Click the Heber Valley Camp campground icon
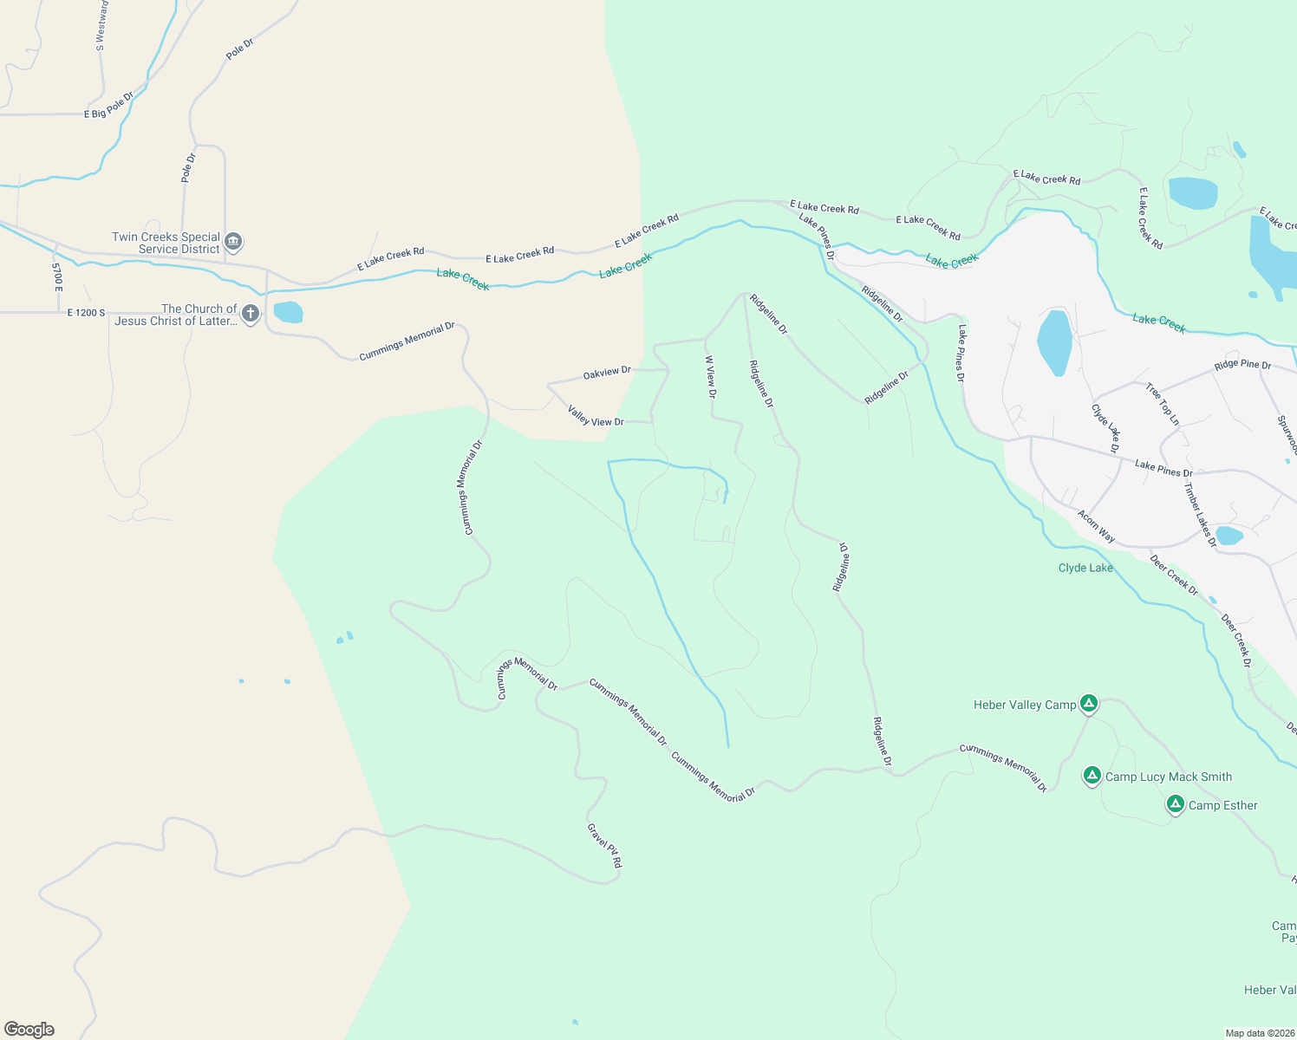point(1089,704)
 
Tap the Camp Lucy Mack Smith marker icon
point(1092,776)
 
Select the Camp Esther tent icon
point(1175,804)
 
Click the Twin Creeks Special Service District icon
point(233,242)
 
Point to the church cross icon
point(251,313)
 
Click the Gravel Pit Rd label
point(604,845)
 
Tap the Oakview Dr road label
point(607,373)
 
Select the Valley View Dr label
point(596,416)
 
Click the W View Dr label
point(711,376)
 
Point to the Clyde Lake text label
point(1085,568)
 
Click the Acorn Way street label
point(1096,526)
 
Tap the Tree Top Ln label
point(1163,404)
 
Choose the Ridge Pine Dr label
point(1242,365)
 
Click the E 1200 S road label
point(86,313)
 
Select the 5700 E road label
point(57,276)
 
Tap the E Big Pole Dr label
point(109,106)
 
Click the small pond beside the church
point(288,312)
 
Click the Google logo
point(29,1030)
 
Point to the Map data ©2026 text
point(1259,1033)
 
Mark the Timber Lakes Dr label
point(1201,514)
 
